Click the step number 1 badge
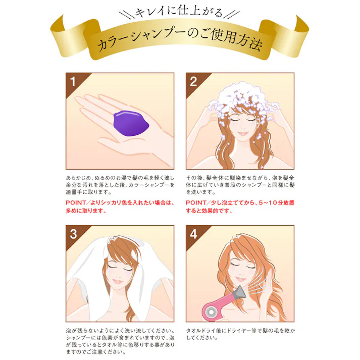point(73,81)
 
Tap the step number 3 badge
point(73,234)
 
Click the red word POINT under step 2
point(197,203)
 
